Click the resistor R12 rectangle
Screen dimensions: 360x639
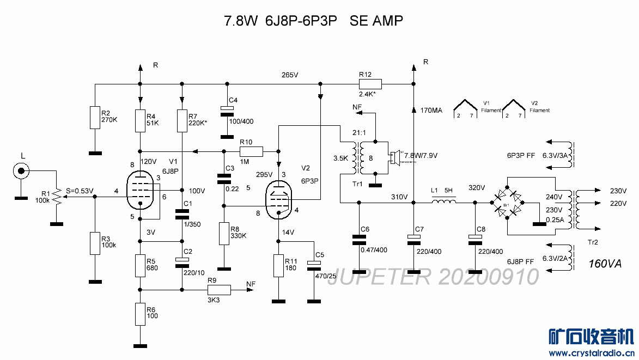[x=370, y=84]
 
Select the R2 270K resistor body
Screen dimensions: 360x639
[x=95, y=118]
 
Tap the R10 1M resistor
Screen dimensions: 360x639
[x=251, y=151]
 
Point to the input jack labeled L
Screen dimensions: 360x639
[x=22, y=172]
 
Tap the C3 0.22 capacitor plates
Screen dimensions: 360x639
[x=223, y=178]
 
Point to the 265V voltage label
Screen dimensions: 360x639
[x=290, y=75]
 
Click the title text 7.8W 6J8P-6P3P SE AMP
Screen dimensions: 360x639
[x=314, y=21]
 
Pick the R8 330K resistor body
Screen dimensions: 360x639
[x=223, y=233]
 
